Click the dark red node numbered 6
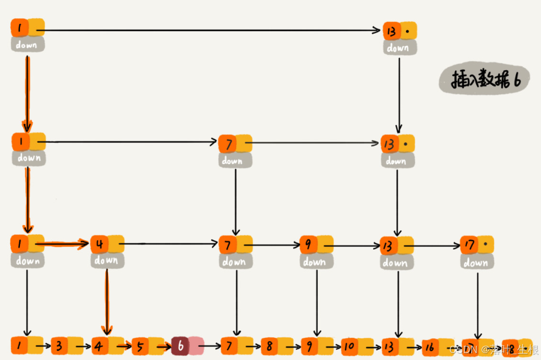tap(181, 345)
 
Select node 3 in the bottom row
tap(60, 345)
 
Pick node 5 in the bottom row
tap(141, 345)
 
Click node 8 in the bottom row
tap(269, 345)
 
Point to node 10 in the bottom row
tap(349, 345)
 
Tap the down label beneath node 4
tap(106, 261)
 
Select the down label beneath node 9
tap(315, 261)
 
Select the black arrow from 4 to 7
tap(171, 245)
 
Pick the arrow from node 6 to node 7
tap(212, 345)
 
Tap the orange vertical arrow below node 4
tap(106, 302)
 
